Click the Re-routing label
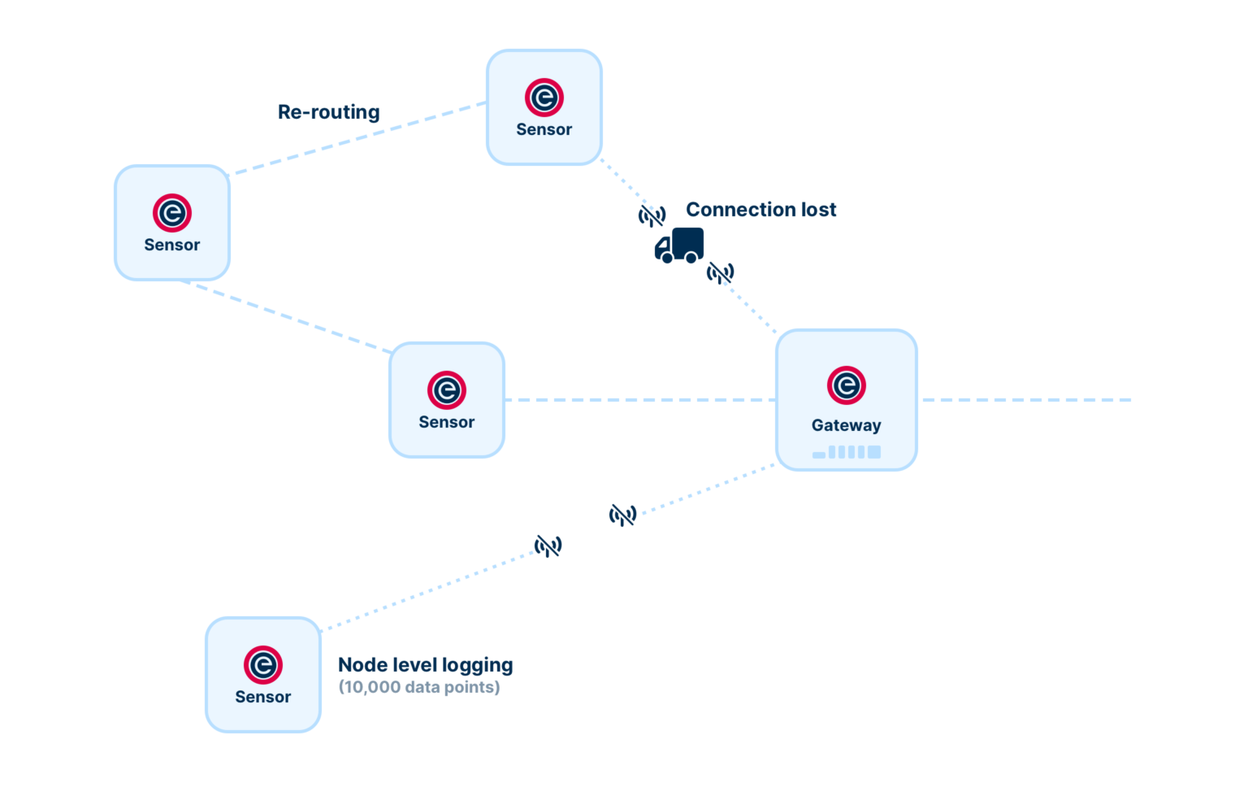click(x=328, y=111)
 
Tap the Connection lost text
click(x=760, y=209)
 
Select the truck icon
click(x=679, y=246)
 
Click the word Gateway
click(x=846, y=425)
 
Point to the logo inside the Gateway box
click(x=846, y=385)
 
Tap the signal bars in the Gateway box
click(x=847, y=452)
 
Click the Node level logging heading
click(x=425, y=665)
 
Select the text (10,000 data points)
click(x=418, y=687)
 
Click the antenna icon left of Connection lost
click(x=652, y=215)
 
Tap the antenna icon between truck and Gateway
click(x=720, y=272)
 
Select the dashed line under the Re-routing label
click(x=357, y=137)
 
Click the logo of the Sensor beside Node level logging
click(x=262, y=664)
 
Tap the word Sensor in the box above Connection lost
click(x=544, y=129)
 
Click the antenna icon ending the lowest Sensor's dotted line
click(x=548, y=546)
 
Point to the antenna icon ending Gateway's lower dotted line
click(x=623, y=515)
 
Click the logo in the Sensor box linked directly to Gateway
click(x=446, y=389)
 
